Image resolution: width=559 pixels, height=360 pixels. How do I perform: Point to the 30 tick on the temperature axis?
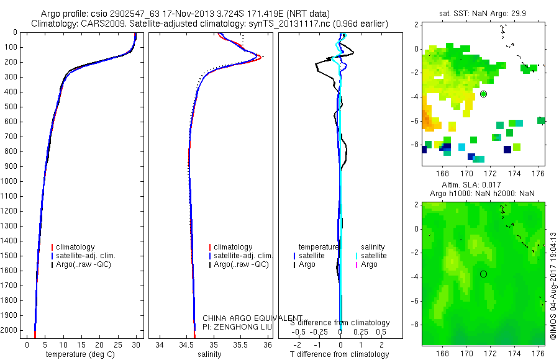136,344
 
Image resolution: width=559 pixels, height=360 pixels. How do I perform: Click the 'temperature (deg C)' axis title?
79,354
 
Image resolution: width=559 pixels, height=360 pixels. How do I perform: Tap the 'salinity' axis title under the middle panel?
209,354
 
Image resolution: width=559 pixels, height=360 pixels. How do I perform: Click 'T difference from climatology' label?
340,354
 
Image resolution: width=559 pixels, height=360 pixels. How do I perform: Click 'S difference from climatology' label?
340,323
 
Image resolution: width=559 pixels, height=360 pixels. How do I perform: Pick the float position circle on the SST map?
483,94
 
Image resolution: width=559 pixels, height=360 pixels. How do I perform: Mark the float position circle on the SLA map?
483,274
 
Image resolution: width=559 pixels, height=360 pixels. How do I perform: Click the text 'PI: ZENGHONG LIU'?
237,326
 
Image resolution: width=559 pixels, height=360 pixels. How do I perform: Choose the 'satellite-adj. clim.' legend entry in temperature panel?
90,256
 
